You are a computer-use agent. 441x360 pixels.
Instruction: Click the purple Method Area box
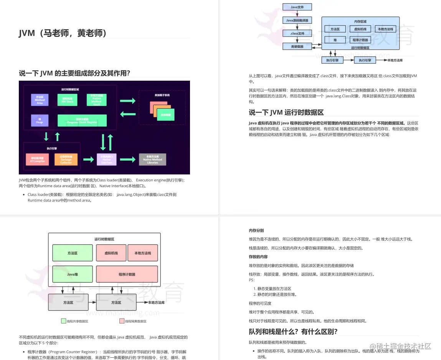[40, 100]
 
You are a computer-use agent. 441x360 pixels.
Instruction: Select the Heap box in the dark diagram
[40, 120]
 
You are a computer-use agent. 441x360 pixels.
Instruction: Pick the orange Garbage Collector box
[66, 159]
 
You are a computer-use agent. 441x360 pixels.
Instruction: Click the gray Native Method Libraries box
[152, 159]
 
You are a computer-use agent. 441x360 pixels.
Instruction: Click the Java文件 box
[297, 7]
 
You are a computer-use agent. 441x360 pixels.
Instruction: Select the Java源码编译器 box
[297, 20]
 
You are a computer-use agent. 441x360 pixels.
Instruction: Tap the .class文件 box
[297, 33]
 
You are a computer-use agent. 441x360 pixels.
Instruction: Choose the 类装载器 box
[297, 46]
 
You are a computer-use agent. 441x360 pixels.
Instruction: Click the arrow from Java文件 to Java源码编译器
[297, 13]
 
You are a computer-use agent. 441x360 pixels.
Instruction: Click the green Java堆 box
[73, 274]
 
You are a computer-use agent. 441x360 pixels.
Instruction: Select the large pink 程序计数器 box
[127, 274]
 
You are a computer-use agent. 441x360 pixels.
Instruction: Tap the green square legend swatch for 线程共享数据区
[63, 321]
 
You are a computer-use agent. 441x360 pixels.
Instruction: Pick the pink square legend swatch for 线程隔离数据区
[122, 321]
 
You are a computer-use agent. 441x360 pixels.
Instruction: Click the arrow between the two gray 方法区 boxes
[92, 302]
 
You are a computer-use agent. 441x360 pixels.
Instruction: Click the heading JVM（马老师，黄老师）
[63, 33]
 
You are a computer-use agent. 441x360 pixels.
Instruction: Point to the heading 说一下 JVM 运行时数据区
[286, 112]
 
